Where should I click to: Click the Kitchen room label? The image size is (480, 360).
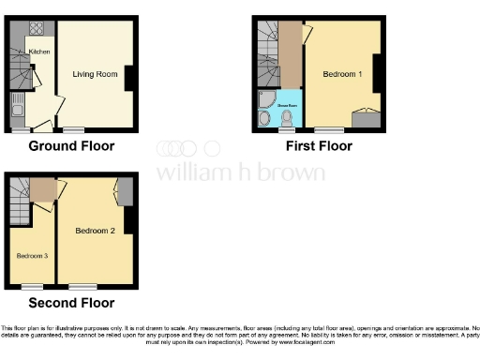[x=38, y=52]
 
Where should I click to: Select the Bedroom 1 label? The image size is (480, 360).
[x=342, y=73]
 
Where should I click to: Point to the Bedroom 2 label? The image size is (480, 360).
[x=95, y=230]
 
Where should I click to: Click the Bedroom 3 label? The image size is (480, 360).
[x=32, y=254]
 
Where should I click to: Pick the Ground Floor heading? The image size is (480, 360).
[x=71, y=146]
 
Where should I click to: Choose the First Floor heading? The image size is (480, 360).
[x=315, y=146]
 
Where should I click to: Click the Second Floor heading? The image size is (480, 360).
[x=71, y=303]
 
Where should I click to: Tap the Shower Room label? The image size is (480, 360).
[x=286, y=107]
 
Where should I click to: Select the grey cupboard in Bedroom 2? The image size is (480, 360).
[x=124, y=190]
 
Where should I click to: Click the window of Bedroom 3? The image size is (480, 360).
[x=32, y=285]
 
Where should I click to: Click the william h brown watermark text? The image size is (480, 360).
[x=240, y=172]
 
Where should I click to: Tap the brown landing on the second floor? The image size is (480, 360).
[x=42, y=189]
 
